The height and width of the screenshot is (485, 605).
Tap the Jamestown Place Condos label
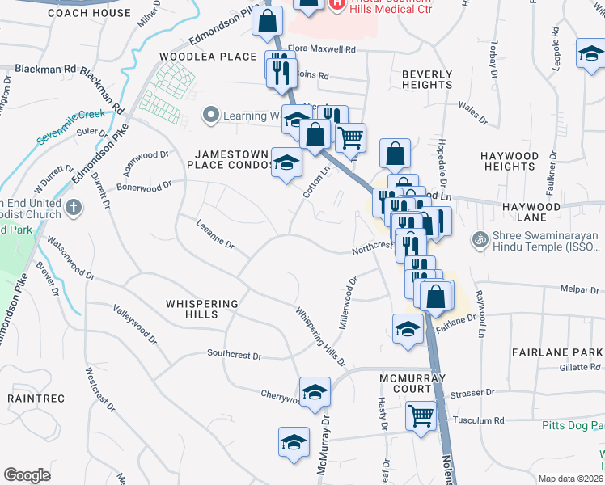tap(231, 159)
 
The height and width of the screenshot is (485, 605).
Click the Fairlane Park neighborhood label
tap(557, 352)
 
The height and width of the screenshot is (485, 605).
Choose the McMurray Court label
tap(412, 383)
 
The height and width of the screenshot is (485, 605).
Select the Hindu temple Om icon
tap(476, 240)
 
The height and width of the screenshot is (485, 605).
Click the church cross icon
tap(73, 208)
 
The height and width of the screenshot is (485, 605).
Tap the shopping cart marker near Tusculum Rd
tap(421, 416)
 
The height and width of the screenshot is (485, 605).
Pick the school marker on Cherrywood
tap(315, 392)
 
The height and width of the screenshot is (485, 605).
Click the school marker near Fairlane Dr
tap(408, 328)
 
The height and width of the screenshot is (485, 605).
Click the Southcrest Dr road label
tap(234, 354)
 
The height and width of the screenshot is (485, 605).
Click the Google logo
tap(26, 475)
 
